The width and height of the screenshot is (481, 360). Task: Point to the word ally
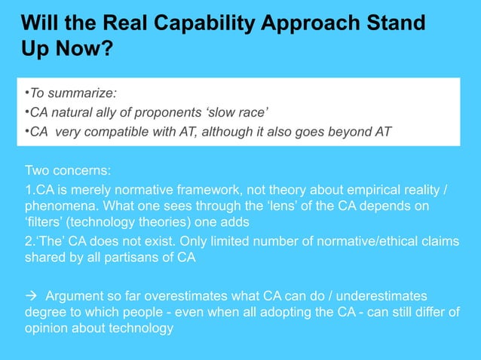(125, 114)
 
